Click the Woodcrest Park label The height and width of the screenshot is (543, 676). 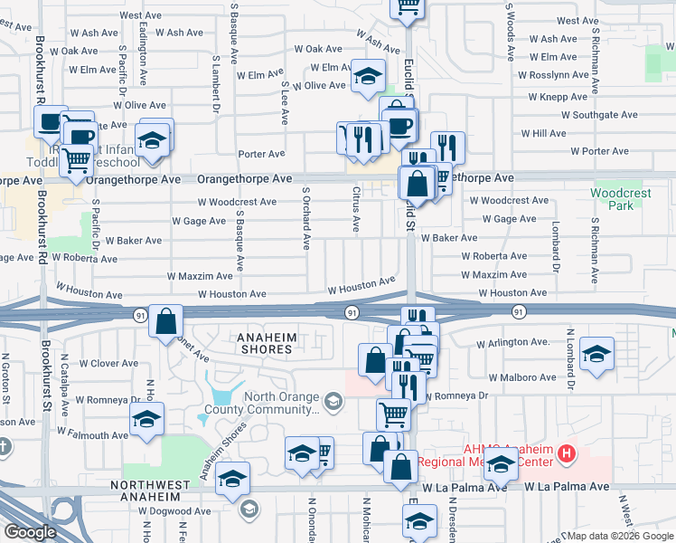pyautogui.click(x=620, y=199)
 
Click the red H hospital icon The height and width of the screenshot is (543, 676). pyautogui.click(x=567, y=452)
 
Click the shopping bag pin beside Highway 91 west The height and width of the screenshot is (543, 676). pyautogui.click(x=167, y=323)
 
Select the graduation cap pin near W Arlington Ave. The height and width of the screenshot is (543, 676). pyautogui.click(x=596, y=354)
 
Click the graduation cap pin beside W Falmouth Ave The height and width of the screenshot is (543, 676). pyautogui.click(x=146, y=419)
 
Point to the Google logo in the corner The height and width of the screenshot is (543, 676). pyautogui.click(x=30, y=532)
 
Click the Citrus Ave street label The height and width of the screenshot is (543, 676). pyautogui.click(x=355, y=210)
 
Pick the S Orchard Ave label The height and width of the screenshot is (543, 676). pyautogui.click(x=307, y=219)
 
